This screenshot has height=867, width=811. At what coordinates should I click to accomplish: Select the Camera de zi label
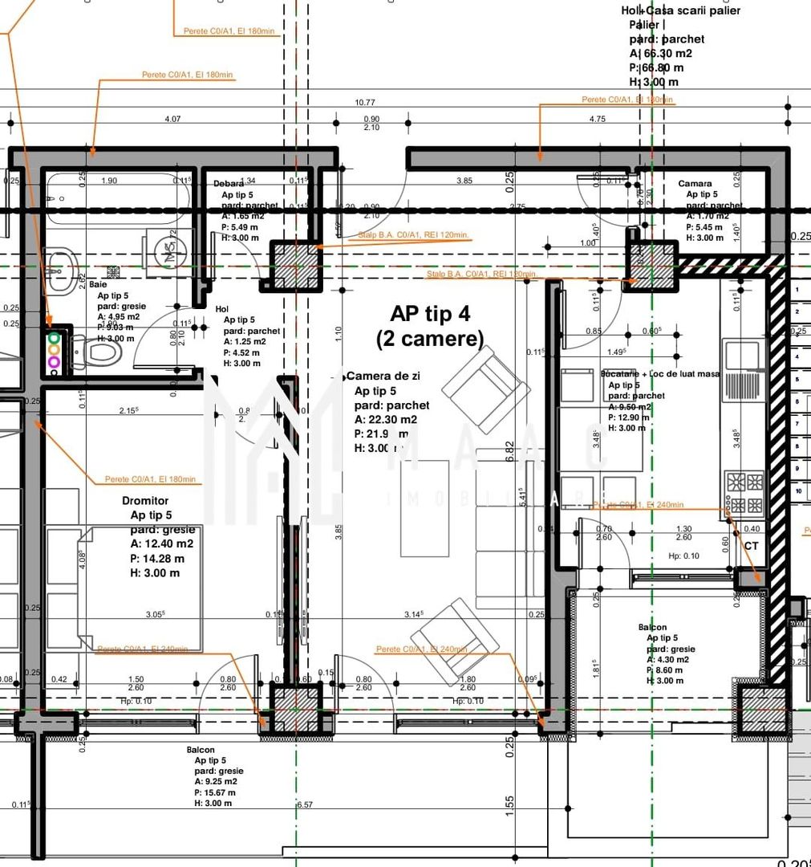click(383, 376)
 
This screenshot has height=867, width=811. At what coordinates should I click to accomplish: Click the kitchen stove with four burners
click(744, 494)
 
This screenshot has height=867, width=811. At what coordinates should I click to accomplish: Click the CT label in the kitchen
click(751, 546)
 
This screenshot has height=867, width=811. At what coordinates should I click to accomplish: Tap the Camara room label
click(694, 184)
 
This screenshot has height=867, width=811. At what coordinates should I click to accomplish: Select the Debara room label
click(229, 184)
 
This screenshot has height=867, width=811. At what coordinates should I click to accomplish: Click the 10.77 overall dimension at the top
click(365, 102)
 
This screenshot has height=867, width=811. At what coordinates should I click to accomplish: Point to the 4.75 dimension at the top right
click(597, 119)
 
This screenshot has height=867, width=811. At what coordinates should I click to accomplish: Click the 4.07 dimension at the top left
click(172, 119)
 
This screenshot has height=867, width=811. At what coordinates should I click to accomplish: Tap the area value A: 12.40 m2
click(161, 543)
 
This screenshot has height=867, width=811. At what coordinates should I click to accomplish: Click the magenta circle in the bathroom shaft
click(54, 362)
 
